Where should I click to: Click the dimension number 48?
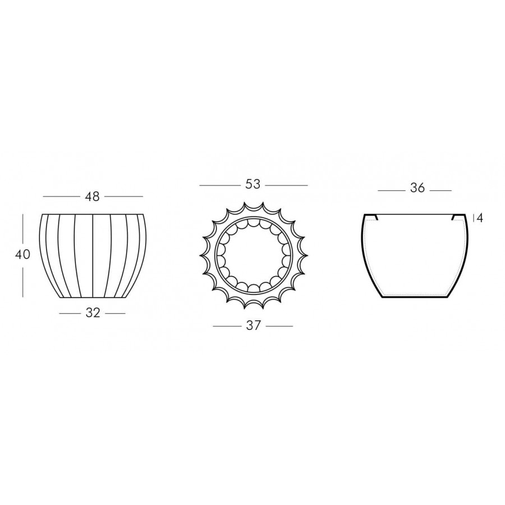(x=93, y=196)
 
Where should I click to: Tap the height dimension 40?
(x=22, y=254)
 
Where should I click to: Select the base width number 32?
(x=93, y=313)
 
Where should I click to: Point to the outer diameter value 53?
(x=253, y=185)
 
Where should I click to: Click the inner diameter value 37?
(x=253, y=326)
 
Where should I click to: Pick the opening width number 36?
(x=417, y=188)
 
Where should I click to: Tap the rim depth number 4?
(x=480, y=218)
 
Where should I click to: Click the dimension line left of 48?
(x=61, y=196)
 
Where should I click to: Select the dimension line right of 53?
(x=287, y=185)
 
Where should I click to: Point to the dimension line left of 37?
(x=227, y=326)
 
